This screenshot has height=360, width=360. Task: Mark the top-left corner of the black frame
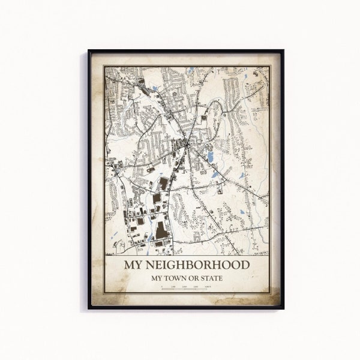tap(89, 50)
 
